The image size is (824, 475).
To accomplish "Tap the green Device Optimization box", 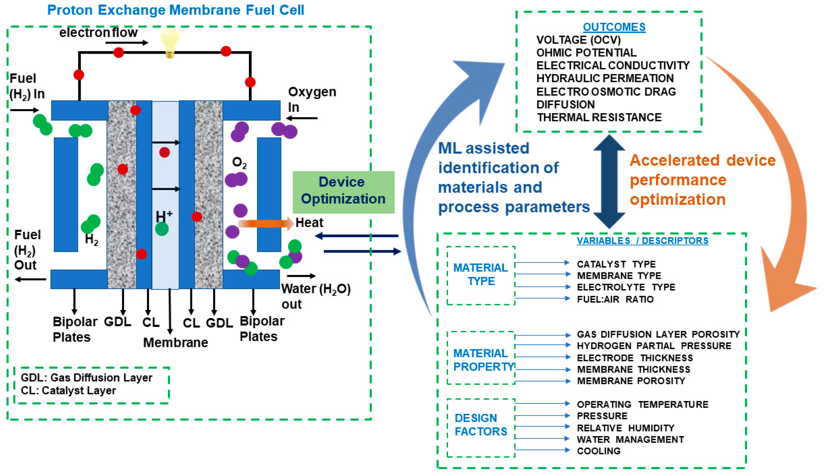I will point(343,192).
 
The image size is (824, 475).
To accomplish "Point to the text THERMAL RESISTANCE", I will point(599,117).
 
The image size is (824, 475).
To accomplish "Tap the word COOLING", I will point(598,451).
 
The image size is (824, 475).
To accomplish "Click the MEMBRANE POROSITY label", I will point(631,381).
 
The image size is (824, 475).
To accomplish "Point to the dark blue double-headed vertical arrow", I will point(609,181).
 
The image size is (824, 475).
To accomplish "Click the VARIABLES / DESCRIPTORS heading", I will point(642,241).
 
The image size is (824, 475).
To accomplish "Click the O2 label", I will point(239,162).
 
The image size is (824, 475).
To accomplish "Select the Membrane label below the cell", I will point(175,343).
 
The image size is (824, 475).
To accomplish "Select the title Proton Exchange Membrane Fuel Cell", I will point(175,10).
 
